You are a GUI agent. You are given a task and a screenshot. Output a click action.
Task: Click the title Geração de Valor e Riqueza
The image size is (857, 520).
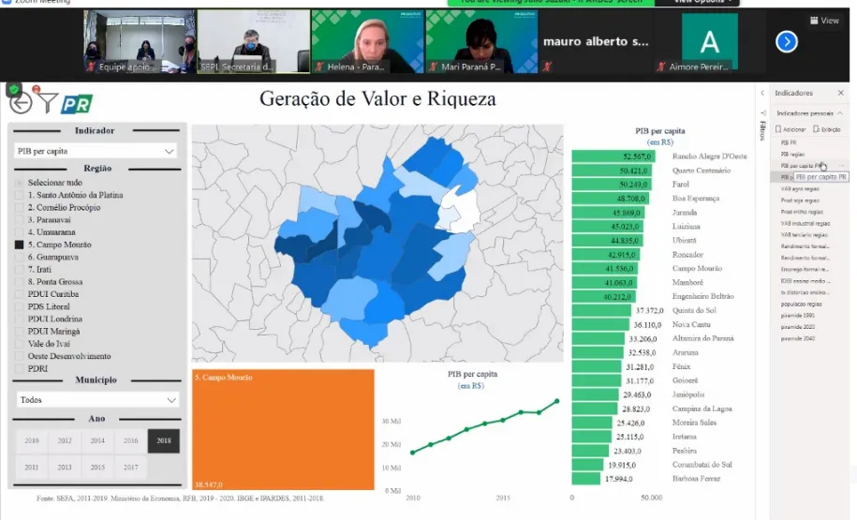pos(377,98)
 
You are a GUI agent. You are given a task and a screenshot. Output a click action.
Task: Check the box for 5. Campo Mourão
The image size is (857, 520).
pos(19,245)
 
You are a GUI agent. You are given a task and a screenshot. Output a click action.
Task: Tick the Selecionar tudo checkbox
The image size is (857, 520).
pos(19,182)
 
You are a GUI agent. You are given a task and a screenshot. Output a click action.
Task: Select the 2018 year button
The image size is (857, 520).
pos(164,440)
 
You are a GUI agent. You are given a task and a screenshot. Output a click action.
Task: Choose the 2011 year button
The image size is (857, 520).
pos(32,467)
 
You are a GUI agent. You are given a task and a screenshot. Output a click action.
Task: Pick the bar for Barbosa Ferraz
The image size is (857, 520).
pos(585,479)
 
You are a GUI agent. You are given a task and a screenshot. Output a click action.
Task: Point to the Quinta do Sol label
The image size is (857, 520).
pos(694,310)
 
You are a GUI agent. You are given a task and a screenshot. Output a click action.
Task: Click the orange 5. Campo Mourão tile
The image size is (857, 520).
pos(283,429)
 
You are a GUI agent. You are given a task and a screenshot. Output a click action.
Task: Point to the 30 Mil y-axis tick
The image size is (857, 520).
pos(392,421)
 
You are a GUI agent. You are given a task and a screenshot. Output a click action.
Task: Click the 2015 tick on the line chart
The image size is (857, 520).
pos(503,498)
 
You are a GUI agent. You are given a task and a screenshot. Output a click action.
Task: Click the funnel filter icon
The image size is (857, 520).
pos(48,102)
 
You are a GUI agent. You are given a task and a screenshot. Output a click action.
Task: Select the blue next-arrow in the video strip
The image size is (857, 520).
pos(787,41)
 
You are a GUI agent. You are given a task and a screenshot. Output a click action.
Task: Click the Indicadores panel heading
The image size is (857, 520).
pos(794,93)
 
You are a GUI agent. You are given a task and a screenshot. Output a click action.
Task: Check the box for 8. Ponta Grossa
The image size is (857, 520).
pos(19,282)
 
